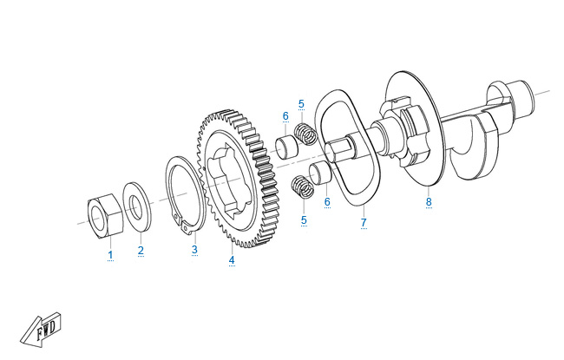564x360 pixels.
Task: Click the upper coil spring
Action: click(305, 134)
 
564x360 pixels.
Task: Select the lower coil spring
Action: click(302, 187)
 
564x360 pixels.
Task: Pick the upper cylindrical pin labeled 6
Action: click(287, 146)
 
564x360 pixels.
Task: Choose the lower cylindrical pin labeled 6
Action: click(321, 173)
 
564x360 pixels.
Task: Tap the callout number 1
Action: click(110, 255)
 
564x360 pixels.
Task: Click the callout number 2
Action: click(141, 251)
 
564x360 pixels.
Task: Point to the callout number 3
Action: click(194, 249)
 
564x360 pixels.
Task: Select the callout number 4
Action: click(232, 259)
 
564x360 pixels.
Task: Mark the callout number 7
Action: click(364, 222)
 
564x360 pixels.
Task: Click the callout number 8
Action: click(429, 201)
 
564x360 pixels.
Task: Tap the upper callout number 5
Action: click(301, 104)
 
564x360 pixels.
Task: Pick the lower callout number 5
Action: click(304, 219)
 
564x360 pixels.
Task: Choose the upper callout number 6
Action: click(285, 115)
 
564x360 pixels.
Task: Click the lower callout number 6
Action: click(327, 202)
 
